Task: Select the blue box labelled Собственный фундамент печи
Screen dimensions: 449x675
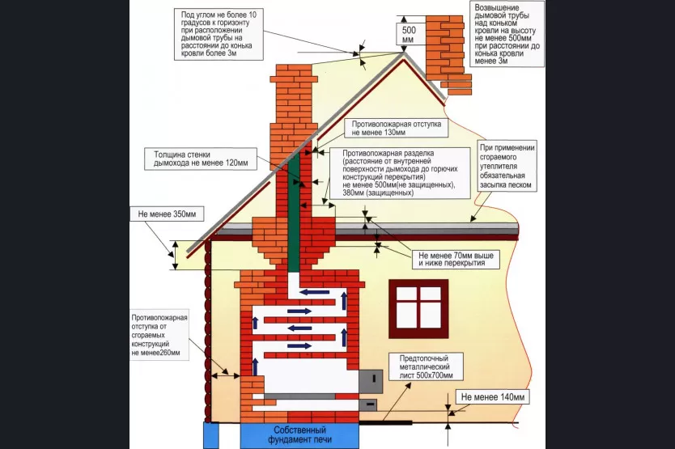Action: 299,435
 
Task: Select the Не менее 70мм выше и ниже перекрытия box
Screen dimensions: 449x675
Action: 456,259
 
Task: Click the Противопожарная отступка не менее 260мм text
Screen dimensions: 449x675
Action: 159,334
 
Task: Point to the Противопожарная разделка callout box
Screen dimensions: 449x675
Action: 397,173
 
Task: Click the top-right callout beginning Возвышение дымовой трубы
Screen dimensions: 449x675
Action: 503,33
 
